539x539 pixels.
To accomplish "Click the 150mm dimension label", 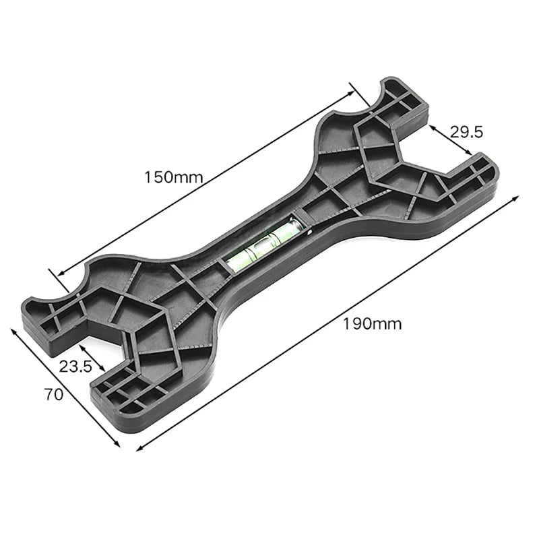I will coord(173,177).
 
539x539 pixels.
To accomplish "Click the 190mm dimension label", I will coord(372,323).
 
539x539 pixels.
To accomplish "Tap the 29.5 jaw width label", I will coord(467,131).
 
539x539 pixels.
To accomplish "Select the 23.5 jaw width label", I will coord(75,367).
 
